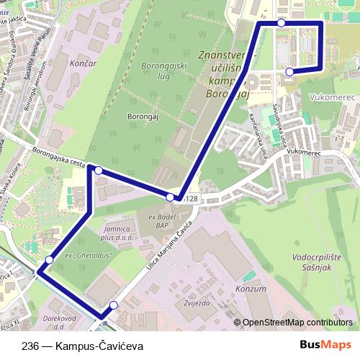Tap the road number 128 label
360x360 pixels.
pyautogui.click(x=190, y=199)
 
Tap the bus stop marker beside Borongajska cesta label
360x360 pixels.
pyautogui.click(x=98, y=171)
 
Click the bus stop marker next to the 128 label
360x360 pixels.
pyautogui.click(x=171, y=197)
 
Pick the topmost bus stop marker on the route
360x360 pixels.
pyautogui.click(x=281, y=23)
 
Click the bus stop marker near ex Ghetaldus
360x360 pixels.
pyautogui.click(x=49, y=259)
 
